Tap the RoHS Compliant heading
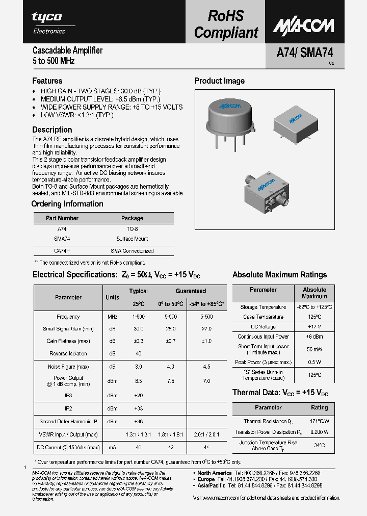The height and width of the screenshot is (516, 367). (x=226, y=24)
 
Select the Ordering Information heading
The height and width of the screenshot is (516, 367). (x=67, y=204)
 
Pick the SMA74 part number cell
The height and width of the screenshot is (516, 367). (x=62, y=239)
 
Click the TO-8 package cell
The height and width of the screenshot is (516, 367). (x=132, y=229)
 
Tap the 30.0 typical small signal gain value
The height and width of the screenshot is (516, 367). (x=138, y=329)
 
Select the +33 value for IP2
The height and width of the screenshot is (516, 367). (x=138, y=408)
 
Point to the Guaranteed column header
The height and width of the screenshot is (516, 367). (x=191, y=291)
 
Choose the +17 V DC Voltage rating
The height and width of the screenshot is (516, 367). (x=314, y=326)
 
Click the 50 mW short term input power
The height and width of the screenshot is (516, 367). (x=314, y=349)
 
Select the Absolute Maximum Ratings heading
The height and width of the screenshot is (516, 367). (x=279, y=275)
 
